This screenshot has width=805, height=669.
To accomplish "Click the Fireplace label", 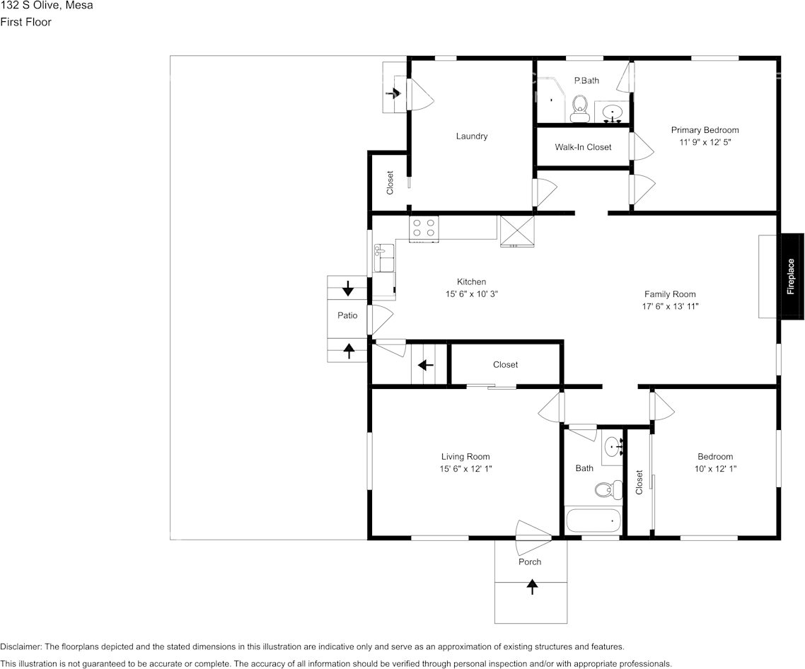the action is [x=791, y=277].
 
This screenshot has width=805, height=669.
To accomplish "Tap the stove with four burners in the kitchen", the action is [x=424, y=228].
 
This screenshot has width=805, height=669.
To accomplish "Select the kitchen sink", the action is [x=384, y=258].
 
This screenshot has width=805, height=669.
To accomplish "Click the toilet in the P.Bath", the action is [x=580, y=108].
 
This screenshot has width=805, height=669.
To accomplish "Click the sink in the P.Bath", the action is [x=612, y=112].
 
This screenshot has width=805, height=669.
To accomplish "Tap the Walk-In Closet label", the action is [x=583, y=147].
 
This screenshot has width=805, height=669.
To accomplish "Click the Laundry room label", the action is [x=472, y=136].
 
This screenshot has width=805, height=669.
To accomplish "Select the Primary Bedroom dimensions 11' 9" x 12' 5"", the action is [x=705, y=142].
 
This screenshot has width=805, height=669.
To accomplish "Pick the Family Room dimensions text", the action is [x=670, y=306].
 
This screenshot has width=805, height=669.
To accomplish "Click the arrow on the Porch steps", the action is [x=533, y=586].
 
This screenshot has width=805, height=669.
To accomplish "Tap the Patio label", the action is [x=347, y=315].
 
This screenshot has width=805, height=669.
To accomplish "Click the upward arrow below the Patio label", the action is [x=349, y=351].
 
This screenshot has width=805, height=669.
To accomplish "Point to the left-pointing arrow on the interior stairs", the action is [x=426, y=365].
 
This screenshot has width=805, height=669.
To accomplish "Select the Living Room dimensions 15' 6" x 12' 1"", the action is [x=465, y=469].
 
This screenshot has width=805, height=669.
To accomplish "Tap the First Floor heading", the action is [x=25, y=22].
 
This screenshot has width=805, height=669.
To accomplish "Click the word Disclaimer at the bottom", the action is [x=21, y=647].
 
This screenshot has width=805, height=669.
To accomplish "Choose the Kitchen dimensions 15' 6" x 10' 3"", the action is [x=472, y=294].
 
